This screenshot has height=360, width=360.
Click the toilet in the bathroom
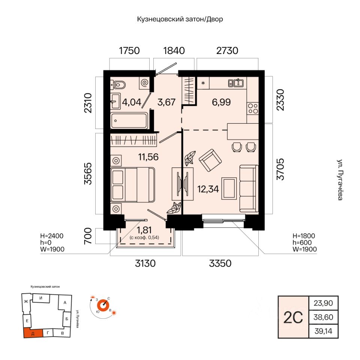tap(118, 85)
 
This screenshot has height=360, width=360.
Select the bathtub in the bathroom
tap(129, 120)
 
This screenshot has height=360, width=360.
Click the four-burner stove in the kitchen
tap(253, 108)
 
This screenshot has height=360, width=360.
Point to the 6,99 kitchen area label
tap(221, 102)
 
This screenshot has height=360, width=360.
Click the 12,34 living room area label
tap(208, 189)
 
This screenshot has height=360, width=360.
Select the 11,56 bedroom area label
tap(148, 157)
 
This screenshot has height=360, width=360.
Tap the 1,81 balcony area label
tap(144, 230)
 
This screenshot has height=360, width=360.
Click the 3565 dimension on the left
tap(88, 174)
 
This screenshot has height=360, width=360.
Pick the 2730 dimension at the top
tap(227, 51)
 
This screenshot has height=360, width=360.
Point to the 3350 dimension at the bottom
tap(220, 263)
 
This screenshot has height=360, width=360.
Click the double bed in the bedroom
tap(132, 185)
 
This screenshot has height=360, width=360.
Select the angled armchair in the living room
tap(210, 160)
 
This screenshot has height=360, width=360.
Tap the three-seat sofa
tap(249, 188)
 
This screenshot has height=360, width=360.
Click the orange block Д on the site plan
tap(33, 333)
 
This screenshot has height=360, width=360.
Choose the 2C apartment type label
tap(293, 318)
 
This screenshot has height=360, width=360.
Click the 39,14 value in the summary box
tap(323, 331)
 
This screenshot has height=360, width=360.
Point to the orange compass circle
tap(103, 305)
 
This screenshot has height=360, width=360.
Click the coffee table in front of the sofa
tap(229, 188)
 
